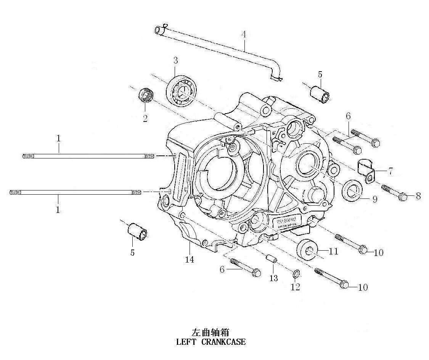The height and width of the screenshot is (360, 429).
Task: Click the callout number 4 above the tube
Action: tap(243, 34)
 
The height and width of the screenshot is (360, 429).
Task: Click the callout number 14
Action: tap(190, 259)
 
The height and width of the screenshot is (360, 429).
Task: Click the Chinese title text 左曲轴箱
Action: tap(210, 332)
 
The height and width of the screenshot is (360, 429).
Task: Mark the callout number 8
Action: tap(418, 196)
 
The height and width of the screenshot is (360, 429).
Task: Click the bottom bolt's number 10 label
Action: tap(363, 287)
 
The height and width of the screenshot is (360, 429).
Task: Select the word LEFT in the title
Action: tap(186, 342)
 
